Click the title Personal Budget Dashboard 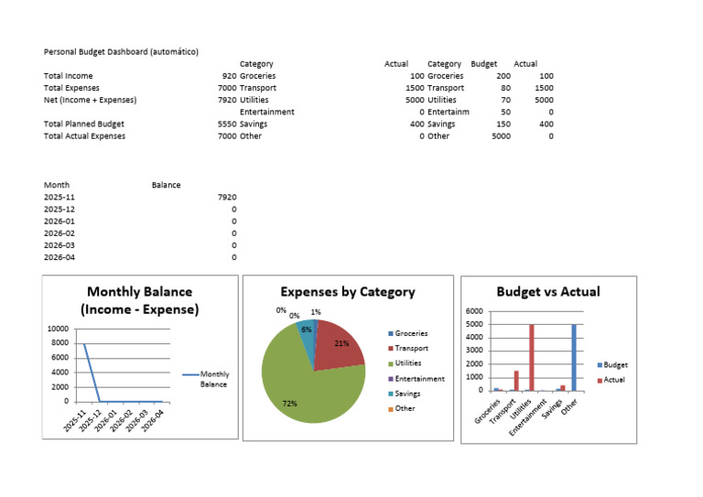pyautogui.click(x=121, y=52)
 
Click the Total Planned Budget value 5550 pyautogui.click(x=226, y=124)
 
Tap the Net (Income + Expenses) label pyautogui.click(x=90, y=100)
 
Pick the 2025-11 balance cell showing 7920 pyautogui.click(x=227, y=197)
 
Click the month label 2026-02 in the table pyautogui.click(x=59, y=233)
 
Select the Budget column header pyautogui.click(x=483, y=64)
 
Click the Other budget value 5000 pyautogui.click(x=501, y=136)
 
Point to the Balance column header pyautogui.click(x=166, y=185)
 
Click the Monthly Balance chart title pyautogui.click(x=139, y=300)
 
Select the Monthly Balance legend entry pyautogui.click(x=214, y=379)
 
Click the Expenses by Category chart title pyautogui.click(x=347, y=292)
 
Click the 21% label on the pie pyautogui.click(x=341, y=344)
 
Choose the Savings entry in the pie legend pyautogui.click(x=407, y=393)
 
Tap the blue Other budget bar pyautogui.click(x=573, y=357)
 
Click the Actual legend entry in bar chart pyautogui.click(x=613, y=379)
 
